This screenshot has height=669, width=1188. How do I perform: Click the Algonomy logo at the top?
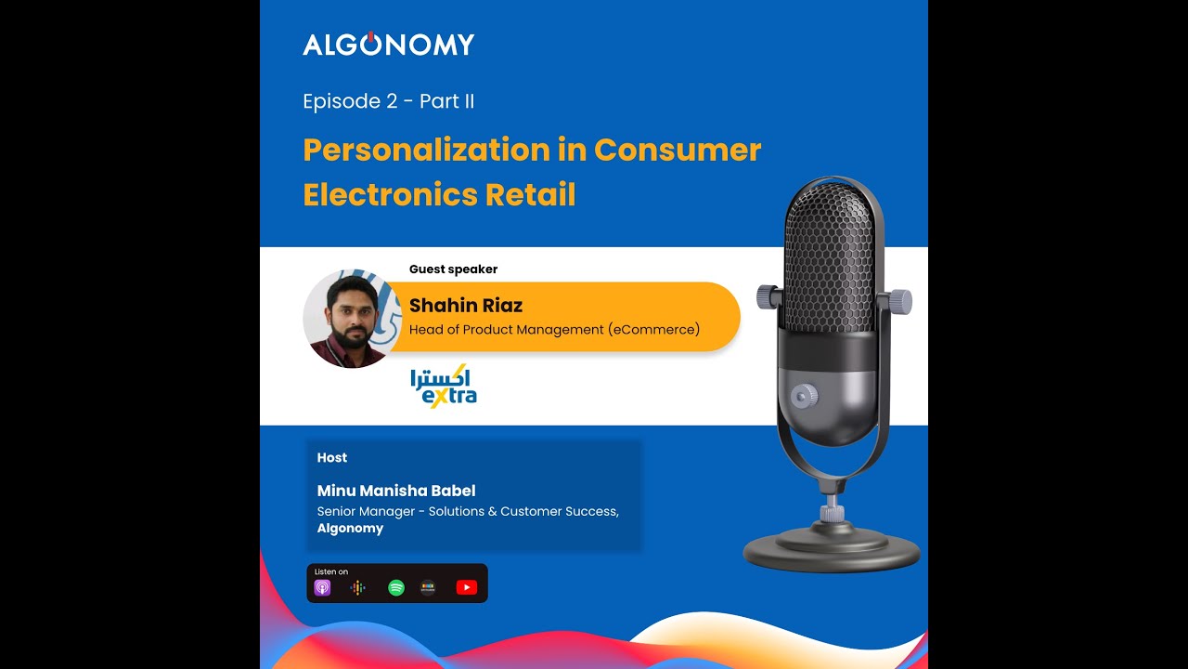click(388, 44)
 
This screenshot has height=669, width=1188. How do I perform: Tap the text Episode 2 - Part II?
click(388, 101)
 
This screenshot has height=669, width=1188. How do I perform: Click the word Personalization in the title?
click(426, 151)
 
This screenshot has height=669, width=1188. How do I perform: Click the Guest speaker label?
click(453, 269)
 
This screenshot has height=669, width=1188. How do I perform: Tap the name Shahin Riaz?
click(465, 306)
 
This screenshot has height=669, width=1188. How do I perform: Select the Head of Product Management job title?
click(554, 329)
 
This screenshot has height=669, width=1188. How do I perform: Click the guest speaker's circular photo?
click(352, 320)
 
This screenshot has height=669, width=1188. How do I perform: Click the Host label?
click(331, 458)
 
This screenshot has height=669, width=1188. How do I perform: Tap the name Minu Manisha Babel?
click(396, 491)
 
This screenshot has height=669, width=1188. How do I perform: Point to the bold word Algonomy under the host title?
click(350, 528)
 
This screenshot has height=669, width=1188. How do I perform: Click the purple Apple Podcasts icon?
click(322, 587)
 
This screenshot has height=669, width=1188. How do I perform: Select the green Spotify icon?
click(396, 587)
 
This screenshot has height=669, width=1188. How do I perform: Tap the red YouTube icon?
click(467, 587)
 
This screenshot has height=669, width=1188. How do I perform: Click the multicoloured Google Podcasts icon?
click(357, 587)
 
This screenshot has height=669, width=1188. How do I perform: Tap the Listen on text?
click(331, 571)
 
